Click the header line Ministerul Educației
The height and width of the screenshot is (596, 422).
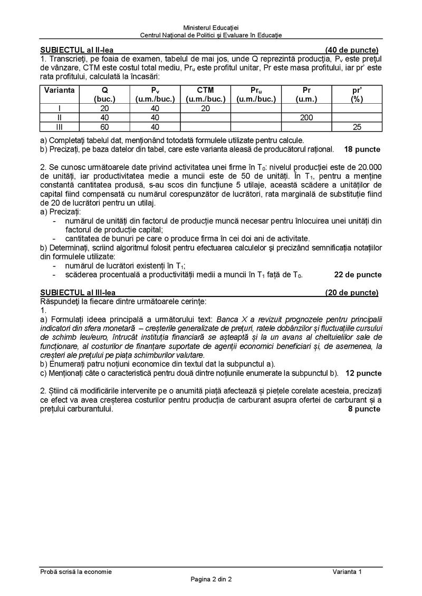[210, 27]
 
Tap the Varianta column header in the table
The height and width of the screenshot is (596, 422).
[59, 90]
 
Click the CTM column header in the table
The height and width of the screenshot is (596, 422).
[205, 90]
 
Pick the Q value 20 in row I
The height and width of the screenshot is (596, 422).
[104, 108]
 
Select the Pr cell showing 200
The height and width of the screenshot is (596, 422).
[306, 117]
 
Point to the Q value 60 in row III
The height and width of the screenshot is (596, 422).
[104, 127]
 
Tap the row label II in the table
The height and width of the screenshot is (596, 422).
[59, 117]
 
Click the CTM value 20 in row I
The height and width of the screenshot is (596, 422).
[205, 108]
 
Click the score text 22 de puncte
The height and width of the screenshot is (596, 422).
[358, 274]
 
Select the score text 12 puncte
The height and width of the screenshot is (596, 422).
[362, 373]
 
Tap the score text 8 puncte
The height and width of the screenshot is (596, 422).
[364, 408]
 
